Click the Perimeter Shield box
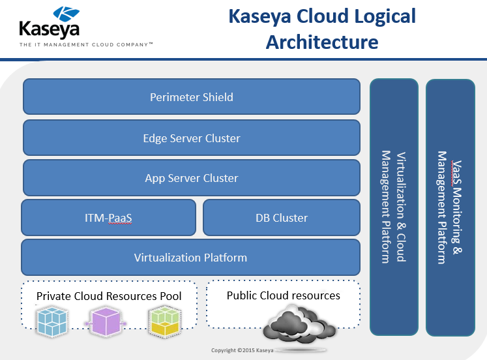192,97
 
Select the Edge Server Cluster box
192,138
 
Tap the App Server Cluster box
192,177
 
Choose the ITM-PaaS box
108,217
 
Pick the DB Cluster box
282,217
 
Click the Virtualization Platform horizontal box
191,257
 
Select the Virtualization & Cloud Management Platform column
394,207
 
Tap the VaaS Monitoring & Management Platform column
450,207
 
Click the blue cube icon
52,321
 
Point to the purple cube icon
106,321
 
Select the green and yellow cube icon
165,321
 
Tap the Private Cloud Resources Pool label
109,296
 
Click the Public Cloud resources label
283,295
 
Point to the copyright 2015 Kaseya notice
243,350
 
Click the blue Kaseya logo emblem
66,14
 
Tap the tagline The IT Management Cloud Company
86,45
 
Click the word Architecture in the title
322,42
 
